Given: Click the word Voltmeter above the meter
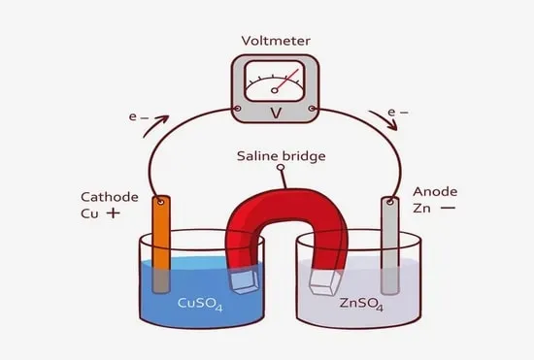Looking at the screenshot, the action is (276, 41).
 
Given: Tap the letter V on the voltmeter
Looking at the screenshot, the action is (276, 113).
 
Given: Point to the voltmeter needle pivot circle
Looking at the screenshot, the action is (275, 90).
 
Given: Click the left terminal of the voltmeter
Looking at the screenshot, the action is (238, 109).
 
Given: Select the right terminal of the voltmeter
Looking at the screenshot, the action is (312, 109).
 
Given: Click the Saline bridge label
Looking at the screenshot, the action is (281, 156).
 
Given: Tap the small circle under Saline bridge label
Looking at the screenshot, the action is (281, 168).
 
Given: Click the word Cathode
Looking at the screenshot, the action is (110, 197).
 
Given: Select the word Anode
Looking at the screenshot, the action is (435, 191).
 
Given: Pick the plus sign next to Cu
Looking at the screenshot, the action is (114, 213).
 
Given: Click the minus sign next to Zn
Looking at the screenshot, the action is (448, 208).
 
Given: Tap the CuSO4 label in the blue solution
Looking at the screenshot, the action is (200, 304).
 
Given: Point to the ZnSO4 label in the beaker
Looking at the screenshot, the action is (362, 304).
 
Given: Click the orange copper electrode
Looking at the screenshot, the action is (161, 244).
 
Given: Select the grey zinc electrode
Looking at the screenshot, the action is (390, 245).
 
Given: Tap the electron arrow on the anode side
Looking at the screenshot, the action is (384, 119).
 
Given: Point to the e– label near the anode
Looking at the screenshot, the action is (398, 112).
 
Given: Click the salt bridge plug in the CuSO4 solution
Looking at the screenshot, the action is (244, 282).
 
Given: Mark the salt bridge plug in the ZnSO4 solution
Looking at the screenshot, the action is (324, 283).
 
